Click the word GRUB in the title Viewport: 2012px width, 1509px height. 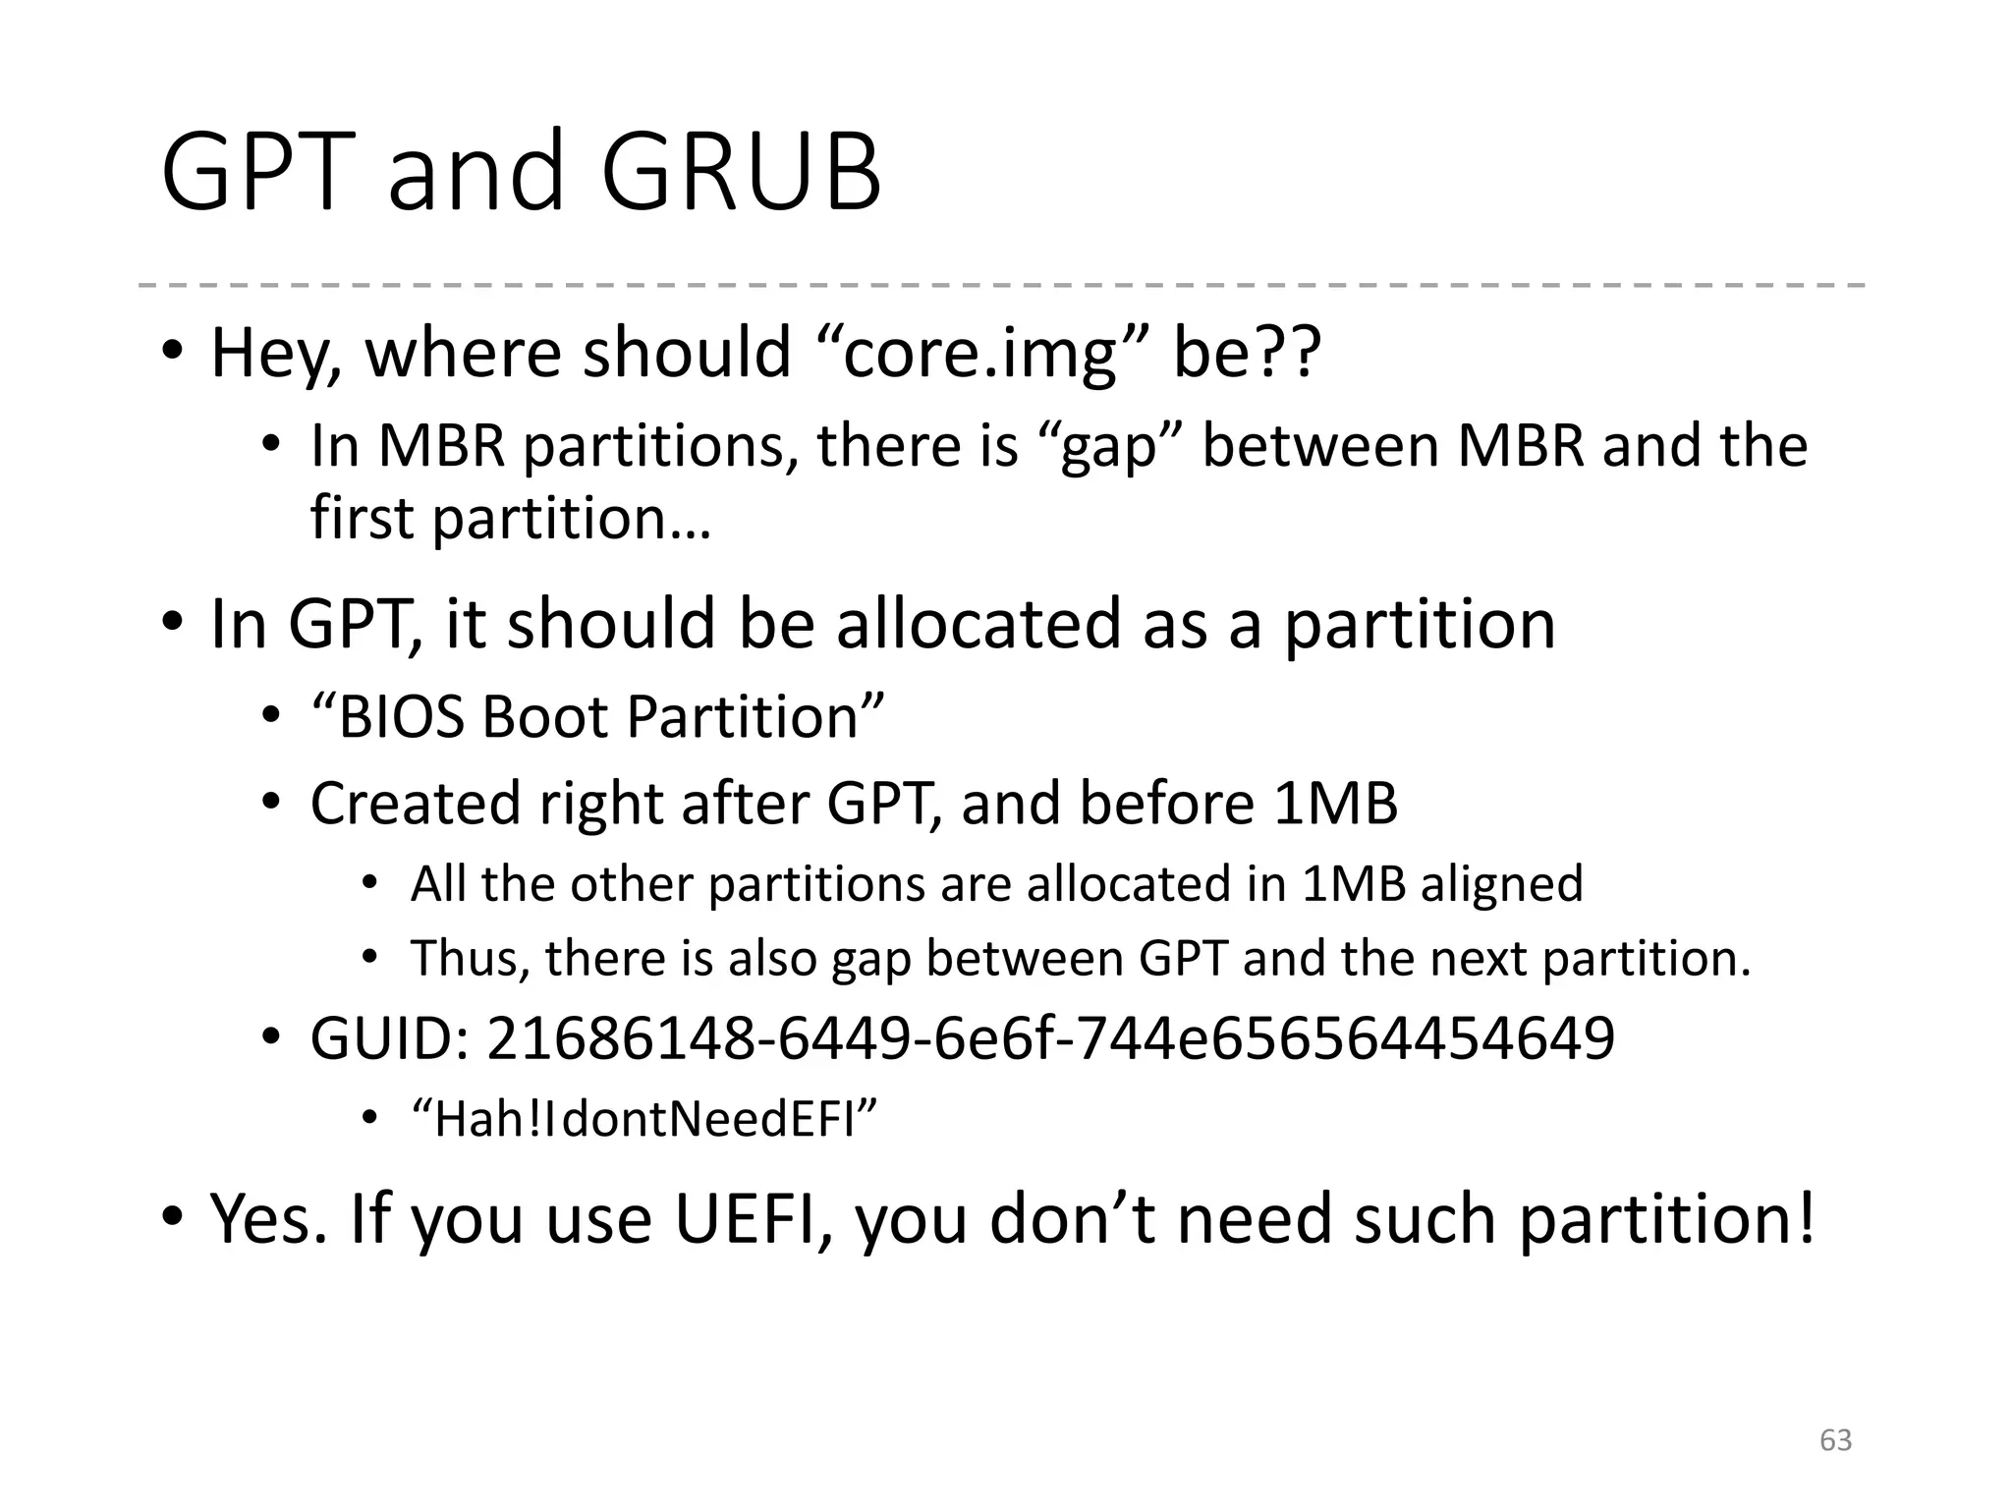tap(741, 173)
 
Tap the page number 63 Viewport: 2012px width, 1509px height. tap(1835, 1440)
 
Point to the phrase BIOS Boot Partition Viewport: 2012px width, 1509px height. tap(597, 716)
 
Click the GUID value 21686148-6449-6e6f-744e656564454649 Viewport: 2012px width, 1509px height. tap(1050, 1038)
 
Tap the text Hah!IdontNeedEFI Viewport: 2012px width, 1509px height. tap(644, 1119)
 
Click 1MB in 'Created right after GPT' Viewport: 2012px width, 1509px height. tap(1335, 803)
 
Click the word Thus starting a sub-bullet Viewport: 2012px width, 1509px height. tap(471, 958)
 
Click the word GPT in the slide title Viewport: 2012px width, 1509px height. tap(257, 173)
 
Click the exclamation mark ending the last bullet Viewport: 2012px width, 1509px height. tap(1804, 1218)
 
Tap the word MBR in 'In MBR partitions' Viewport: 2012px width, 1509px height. tap(441, 447)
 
